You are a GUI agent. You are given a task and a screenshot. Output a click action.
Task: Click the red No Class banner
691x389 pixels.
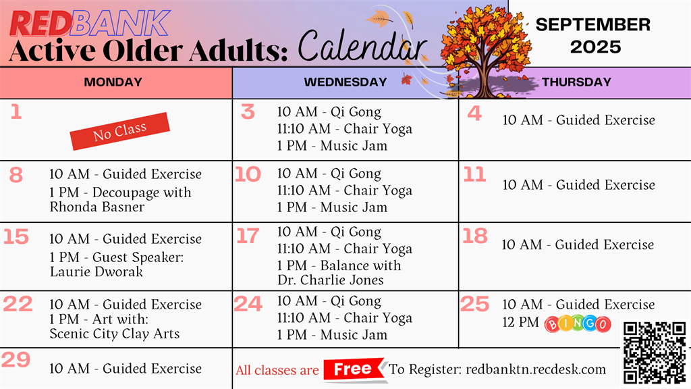pos(120,131)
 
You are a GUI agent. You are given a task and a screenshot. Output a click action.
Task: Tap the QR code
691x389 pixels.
pos(655,353)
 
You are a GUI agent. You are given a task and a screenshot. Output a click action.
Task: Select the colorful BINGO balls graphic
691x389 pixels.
pos(578,323)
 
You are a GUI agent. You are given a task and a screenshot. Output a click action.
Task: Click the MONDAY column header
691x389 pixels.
pos(113,82)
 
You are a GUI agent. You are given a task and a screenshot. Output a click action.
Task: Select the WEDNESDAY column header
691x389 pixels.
pos(345,82)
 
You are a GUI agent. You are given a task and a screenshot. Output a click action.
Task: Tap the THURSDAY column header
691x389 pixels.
pos(576,82)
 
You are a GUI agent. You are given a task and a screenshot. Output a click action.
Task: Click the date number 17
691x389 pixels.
pos(248,236)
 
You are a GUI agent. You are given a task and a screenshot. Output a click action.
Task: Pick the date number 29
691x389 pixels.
pos(16,359)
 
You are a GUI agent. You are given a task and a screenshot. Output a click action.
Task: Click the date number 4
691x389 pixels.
pos(474,113)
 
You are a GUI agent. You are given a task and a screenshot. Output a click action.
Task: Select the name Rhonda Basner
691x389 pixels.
pos(97,207)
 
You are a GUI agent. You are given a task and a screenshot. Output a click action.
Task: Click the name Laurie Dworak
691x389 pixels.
pos(96,271)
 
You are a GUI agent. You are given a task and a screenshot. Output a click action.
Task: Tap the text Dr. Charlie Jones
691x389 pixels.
pos(331,280)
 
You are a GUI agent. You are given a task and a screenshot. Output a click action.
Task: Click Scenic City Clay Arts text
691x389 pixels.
pos(115,334)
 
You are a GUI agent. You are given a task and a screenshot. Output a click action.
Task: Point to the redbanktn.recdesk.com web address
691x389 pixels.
pos(536,369)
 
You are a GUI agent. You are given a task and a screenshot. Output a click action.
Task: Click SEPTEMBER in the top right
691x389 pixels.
pos(592,25)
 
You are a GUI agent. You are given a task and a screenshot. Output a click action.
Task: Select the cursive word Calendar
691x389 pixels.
pos(362,47)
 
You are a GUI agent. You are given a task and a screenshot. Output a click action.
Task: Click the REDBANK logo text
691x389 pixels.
pos(90,24)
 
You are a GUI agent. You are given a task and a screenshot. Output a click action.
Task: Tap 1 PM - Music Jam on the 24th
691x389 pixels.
pos(332,335)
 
